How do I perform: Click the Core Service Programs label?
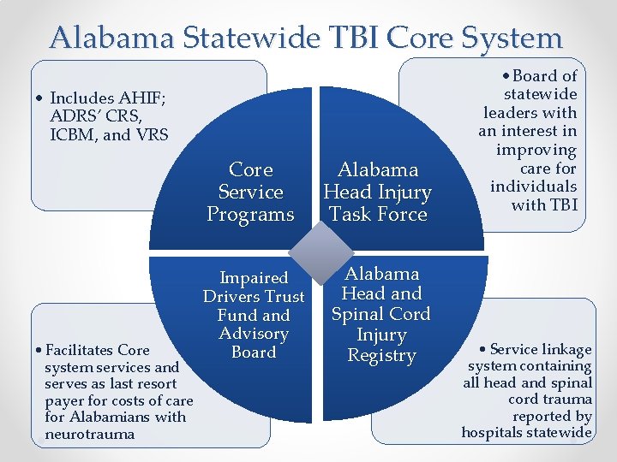[x=251, y=192]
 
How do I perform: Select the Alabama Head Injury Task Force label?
[x=378, y=192]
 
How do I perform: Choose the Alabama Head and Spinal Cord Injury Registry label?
[x=381, y=314]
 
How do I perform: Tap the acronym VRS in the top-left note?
[x=153, y=134]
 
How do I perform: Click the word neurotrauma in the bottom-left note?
[x=89, y=434]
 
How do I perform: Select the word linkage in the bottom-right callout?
[x=566, y=349]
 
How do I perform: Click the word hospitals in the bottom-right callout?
[x=494, y=432]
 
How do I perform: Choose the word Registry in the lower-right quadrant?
[x=381, y=355]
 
